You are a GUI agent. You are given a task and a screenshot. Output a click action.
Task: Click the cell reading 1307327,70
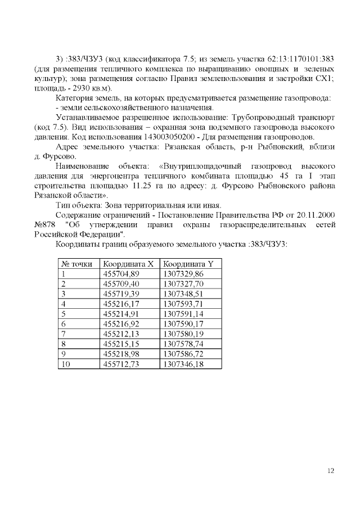[183, 283]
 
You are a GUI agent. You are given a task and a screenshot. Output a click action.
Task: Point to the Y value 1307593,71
[183, 304]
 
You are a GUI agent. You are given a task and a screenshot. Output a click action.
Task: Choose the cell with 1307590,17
[183, 324]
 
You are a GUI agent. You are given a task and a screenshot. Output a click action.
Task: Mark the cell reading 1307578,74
[183, 344]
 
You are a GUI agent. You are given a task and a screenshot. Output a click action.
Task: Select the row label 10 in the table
[65, 364]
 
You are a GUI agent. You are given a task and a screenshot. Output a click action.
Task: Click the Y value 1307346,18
[183, 364]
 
